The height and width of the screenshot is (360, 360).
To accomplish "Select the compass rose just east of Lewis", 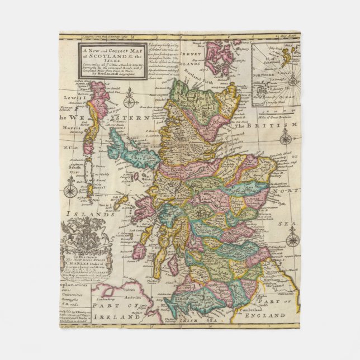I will click(x=130, y=102).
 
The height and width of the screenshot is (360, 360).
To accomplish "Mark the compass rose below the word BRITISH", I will click(x=286, y=139).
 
